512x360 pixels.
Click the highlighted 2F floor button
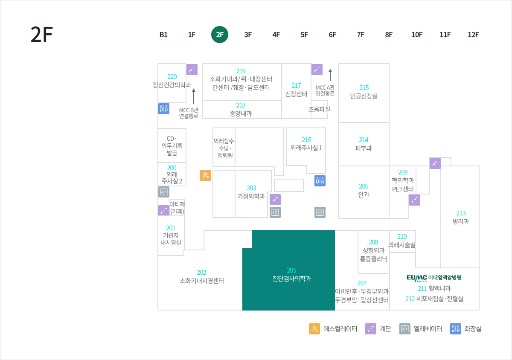pos(220,35)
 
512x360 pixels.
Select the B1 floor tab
pos(163,35)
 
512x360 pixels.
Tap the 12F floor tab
pos(473,35)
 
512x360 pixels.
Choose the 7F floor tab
pos(361,35)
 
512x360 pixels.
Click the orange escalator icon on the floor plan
pos(205,175)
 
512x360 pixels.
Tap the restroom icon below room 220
pos(164,109)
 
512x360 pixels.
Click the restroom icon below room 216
pos(320,181)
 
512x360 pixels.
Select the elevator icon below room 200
pos(164,192)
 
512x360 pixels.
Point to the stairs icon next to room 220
pos(192,70)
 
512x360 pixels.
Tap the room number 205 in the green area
pos(291,270)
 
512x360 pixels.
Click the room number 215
pos(364,87)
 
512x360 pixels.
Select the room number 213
pos(461,213)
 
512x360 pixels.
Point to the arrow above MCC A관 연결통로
pos(330,75)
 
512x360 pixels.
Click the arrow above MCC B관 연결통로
pos(194,96)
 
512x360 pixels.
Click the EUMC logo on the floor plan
pos(417,278)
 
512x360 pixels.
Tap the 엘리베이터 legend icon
pos(405,329)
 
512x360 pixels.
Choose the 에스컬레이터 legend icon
pos(314,329)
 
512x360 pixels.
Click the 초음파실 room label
pos(319,109)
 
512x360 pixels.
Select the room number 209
pos(403,172)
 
